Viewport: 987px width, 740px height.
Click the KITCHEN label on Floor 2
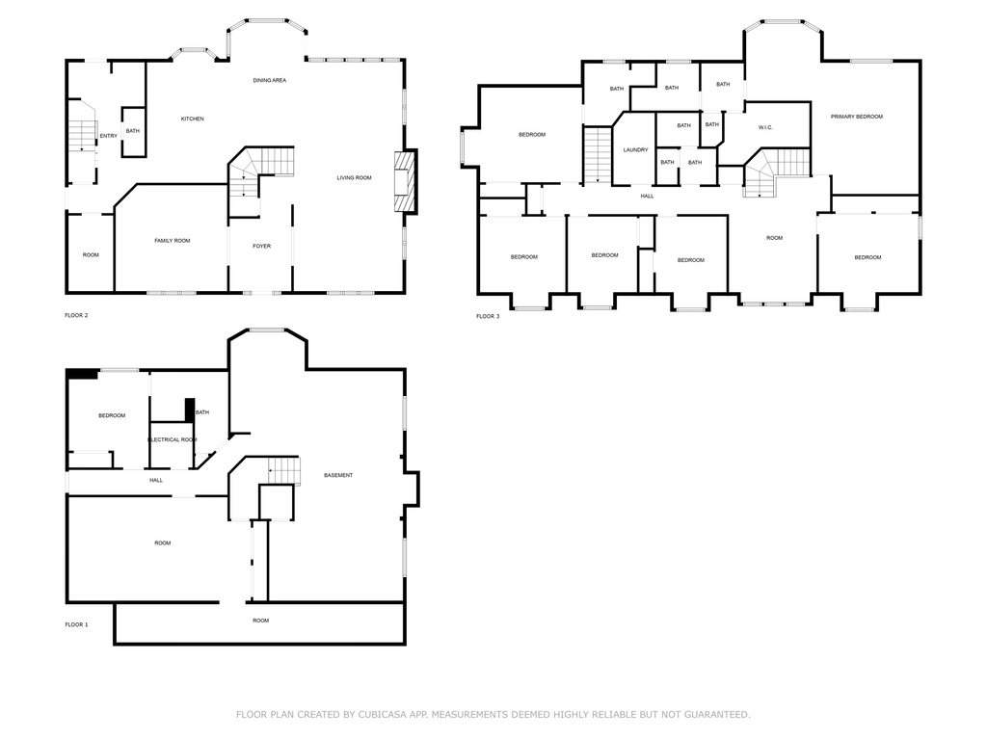[193, 119]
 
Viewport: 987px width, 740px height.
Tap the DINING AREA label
[270, 81]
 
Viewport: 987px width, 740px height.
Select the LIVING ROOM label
[354, 178]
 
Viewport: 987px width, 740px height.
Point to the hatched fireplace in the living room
[406, 182]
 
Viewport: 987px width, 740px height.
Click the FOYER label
[262, 246]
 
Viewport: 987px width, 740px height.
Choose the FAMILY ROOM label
[173, 241]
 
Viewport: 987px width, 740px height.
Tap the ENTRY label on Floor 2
[108, 136]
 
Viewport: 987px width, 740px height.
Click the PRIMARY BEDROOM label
[856, 117]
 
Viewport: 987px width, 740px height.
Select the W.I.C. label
[765, 128]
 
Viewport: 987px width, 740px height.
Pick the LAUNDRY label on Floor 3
[635, 150]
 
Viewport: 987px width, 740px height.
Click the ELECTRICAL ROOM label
[173, 439]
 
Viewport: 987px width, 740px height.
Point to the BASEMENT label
[338, 476]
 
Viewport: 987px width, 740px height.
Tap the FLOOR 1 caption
[76, 624]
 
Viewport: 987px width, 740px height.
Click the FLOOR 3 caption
[488, 316]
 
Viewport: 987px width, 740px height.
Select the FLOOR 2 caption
[76, 315]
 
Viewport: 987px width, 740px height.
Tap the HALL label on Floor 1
[156, 481]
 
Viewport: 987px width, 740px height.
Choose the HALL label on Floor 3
[647, 197]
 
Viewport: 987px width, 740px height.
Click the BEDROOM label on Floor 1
[112, 416]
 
